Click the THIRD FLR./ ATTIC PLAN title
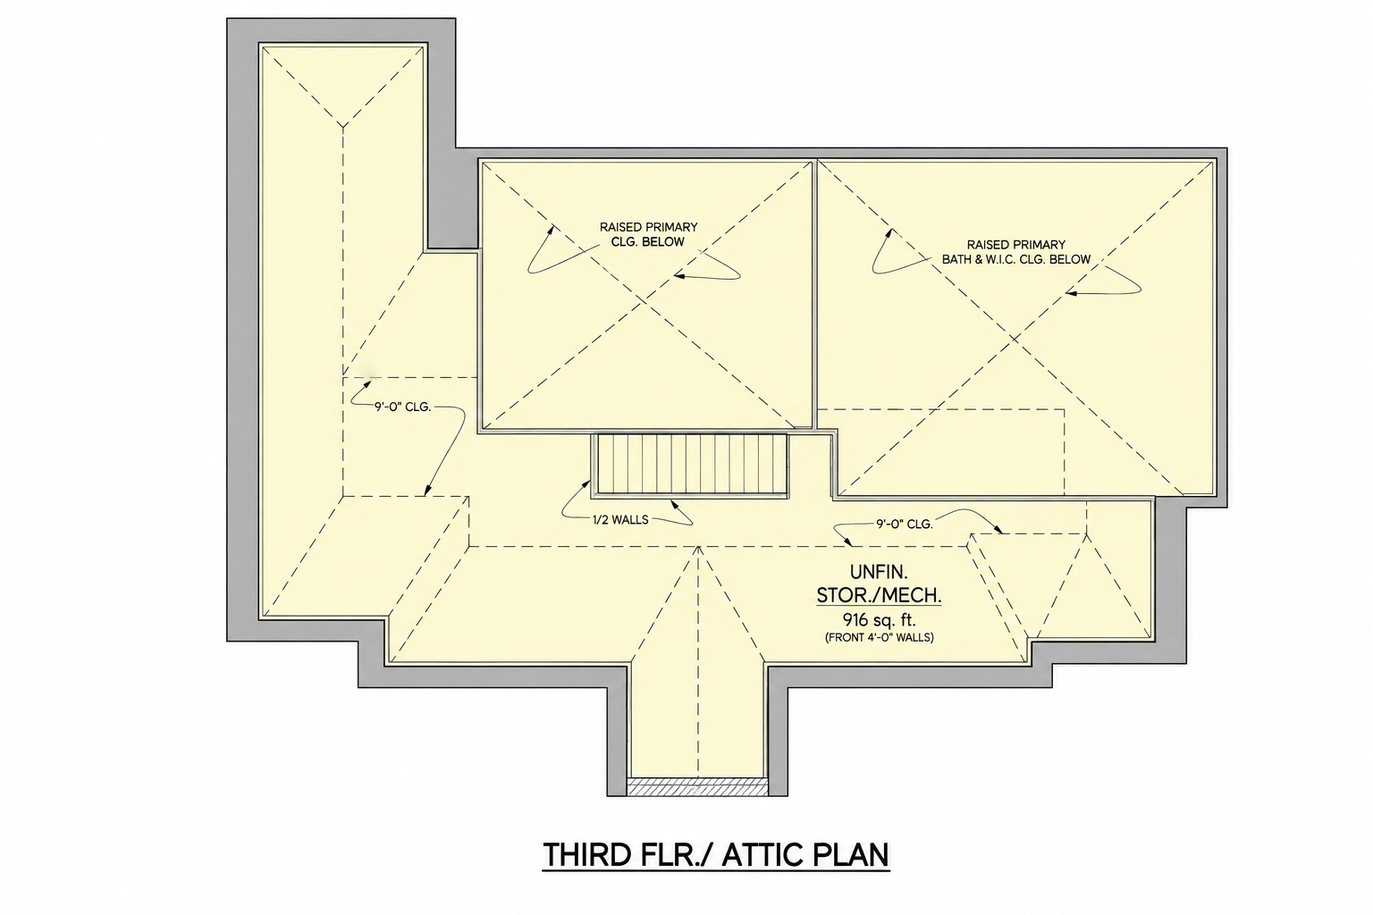pyautogui.click(x=715, y=855)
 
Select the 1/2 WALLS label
pyautogui.click(x=620, y=520)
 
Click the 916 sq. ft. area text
pyautogui.click(x=878, y=620)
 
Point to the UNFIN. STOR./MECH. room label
pyautogui.click(x=879, y=583)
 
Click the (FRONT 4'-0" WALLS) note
pyautogui.click(x=879, y=638)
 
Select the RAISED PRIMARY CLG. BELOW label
pyautogui.click(x=648, y=234)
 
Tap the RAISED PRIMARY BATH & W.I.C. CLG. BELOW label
pyautogui.click(x=1015, y=252)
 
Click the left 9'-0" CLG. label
pyautogui.click(x=403, y=407)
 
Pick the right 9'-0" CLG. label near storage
pyautogui.click(x=904, y=524)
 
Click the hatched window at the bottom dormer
pyautogui.click(x=697, y=787)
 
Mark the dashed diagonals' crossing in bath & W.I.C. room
pyautogui.click(x=1015, y=338)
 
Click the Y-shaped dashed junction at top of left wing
pyautogui.click(x=343, y=126)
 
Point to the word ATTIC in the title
pyautogui.click(x=762, y=855)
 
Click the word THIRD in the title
pyautogui.click(x=586, y=855)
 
